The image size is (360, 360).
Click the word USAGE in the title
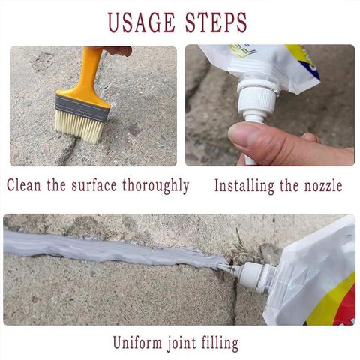click(x=142, y=22)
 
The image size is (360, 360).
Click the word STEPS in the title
click(x=216, y=22)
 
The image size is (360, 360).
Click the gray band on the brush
click(x=82, y=108)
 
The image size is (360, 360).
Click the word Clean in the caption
click(x=24, y=185)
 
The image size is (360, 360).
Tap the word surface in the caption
click(x=94, y=185)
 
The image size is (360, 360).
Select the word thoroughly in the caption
click(x=155, y=186)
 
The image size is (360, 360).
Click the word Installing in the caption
click(x=244, y=186)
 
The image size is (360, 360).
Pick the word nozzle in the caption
click(x=323, y=186)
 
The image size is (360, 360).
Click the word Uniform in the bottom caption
click(x=137, y=342)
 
